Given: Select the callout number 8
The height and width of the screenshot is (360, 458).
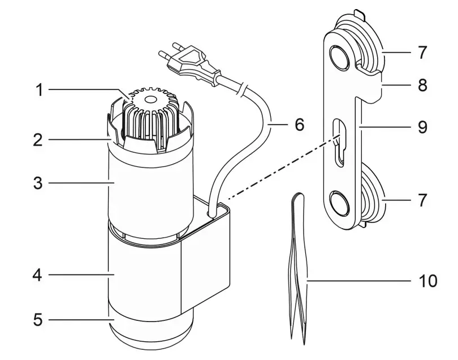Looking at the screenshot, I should tap(422, 87).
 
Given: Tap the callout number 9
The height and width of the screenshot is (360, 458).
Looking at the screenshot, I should tap(422, 127).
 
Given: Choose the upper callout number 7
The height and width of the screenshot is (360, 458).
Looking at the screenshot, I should tap(422, 53).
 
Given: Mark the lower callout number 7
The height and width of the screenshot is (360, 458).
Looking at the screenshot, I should tap(422, 200).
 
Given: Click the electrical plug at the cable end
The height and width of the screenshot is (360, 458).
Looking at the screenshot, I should tap(189, 63).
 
